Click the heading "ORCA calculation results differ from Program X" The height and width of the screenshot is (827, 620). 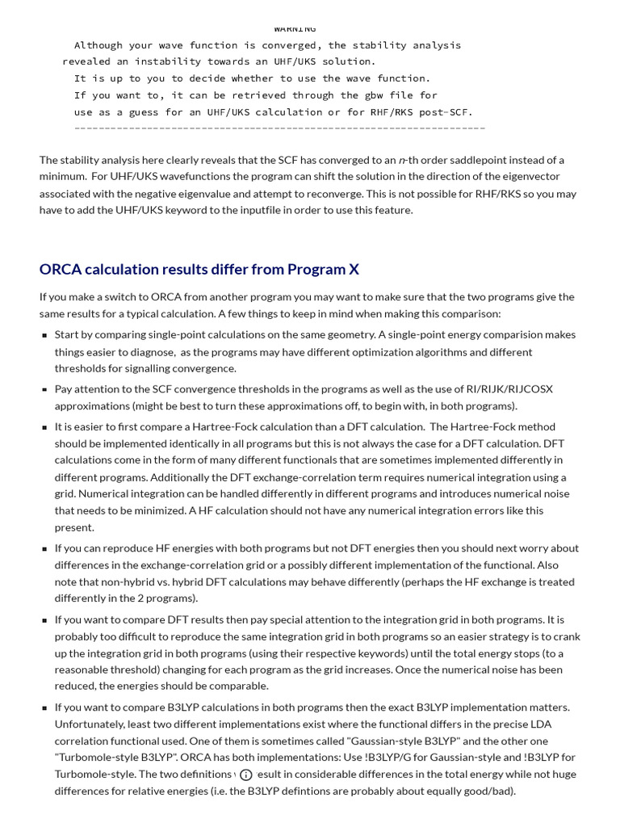[199, 269]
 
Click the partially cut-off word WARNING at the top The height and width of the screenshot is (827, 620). [295, 29]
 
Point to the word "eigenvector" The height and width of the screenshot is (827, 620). [530, 176]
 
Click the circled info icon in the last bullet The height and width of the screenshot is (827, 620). [246, 775]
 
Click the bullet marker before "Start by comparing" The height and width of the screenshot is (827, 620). [44, 335]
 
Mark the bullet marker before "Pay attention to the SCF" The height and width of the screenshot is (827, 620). [44, 389]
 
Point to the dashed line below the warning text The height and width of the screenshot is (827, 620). [279, 128]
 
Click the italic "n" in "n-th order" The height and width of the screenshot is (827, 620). [401, 160]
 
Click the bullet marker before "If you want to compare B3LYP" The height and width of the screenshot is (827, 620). [44, 707]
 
